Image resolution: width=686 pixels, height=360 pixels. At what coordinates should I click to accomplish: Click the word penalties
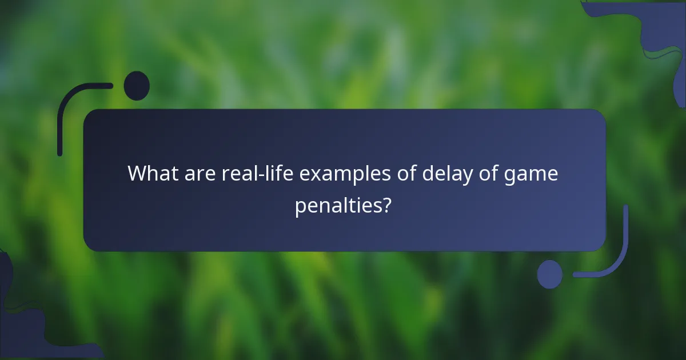tap(338, 205)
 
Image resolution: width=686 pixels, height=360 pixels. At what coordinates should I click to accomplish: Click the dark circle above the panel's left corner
tap(137, 86)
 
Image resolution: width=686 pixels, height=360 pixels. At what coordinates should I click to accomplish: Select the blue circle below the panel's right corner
tap(549, 274)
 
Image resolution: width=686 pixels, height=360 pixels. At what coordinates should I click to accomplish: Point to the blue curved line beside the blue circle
tap(615, 257)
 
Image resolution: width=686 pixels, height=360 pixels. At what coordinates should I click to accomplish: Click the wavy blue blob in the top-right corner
tap(657, 29)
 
